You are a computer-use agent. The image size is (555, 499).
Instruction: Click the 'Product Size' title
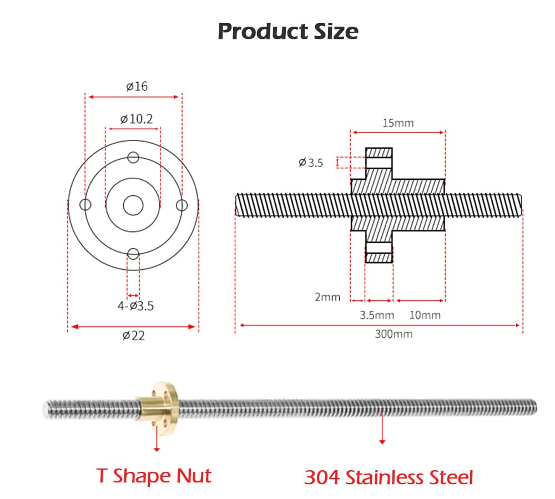[287, 31]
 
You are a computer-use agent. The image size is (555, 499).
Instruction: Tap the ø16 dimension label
[137, 86]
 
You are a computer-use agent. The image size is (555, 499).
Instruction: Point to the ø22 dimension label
[133, 335]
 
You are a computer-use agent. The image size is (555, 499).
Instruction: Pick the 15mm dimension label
[398, 123]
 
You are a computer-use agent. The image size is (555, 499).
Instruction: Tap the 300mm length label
[394, 334]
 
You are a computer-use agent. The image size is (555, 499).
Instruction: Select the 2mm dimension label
[327, 297]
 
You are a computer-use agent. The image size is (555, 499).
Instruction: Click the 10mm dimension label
[425, 315]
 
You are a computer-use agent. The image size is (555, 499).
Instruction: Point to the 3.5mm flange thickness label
[377, 315]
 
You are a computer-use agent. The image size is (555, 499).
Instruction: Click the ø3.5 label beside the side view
[310, 163]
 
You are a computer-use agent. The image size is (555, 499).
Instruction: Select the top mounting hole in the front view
[133, 157]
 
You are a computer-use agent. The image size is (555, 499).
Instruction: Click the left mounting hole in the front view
[85, 205]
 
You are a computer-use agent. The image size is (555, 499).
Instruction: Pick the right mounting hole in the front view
[181, 205]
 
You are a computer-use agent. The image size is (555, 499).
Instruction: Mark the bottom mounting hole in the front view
[133, 254]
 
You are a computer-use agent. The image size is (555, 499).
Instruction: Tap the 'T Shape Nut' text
[154, 476]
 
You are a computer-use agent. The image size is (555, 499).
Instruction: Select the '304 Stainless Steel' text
[389, 477]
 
